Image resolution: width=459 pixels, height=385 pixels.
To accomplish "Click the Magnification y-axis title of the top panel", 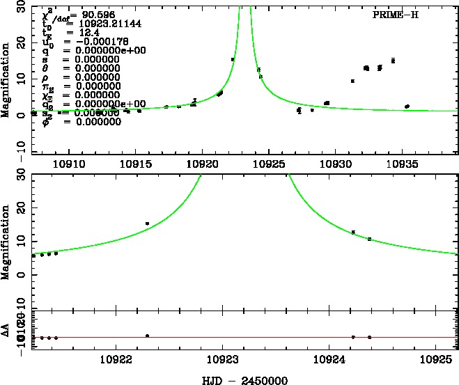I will click(x=6, y=79).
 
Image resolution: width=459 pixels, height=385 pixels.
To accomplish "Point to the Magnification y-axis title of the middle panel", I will click(x=6, y=241).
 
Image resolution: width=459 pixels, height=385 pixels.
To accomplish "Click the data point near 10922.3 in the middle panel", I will click(x=148, y=223).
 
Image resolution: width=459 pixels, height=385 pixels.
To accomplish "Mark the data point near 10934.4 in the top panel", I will click(x=393, y=61).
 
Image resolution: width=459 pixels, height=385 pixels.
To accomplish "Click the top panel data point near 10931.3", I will click(x=352, y=81).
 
